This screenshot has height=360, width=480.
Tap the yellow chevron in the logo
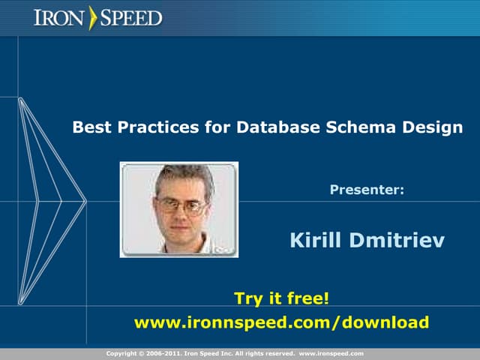(93, 17)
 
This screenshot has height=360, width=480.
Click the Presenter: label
(367, 190)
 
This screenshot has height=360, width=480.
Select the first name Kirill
(314, 241)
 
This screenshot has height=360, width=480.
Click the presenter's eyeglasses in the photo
(181, 203)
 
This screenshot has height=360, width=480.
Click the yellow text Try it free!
(281, 298)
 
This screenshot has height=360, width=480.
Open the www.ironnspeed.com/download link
(281, 322)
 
